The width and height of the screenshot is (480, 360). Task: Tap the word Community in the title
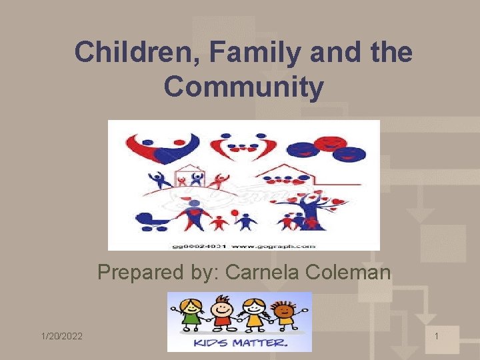(x=243, y=87)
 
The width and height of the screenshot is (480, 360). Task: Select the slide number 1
(x=436, y=337)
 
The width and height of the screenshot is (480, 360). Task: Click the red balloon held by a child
(x=235, y=213)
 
